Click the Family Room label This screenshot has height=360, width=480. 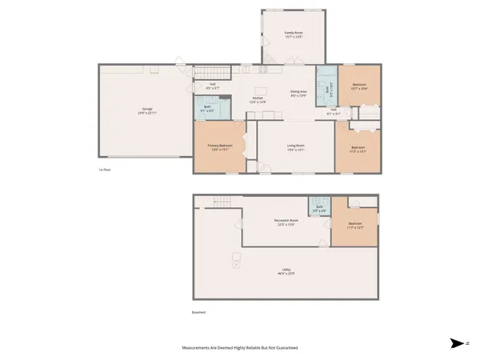294,34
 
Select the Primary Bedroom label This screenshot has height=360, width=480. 218,146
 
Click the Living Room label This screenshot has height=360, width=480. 296,146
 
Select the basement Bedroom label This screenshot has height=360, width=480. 355,225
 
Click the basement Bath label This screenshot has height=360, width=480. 319,209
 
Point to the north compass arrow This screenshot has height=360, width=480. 457,343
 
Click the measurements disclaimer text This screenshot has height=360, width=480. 239,348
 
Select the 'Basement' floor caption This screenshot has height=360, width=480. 199,312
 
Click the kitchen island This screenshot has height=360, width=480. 261,90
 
